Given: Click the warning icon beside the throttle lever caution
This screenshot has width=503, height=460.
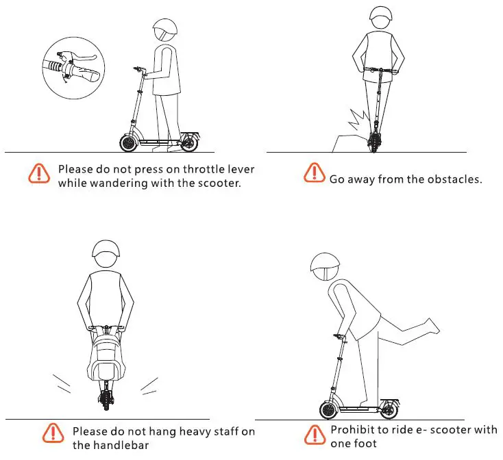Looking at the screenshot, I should pyautogui.click(x=39, y=172).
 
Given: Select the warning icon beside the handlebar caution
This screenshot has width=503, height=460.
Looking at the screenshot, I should pyautogui.click(x=52, y=433).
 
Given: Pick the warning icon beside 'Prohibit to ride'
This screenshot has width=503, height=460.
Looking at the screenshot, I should pyautogui.click(x=315, y=434).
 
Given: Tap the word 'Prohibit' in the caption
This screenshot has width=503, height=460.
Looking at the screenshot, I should pyautogui.click(x=352, y=430).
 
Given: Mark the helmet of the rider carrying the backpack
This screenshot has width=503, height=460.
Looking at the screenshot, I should pyautogui.click(x=105, y=255).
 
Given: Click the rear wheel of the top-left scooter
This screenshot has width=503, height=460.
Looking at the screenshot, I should pyautogui.click(x=188, y=144).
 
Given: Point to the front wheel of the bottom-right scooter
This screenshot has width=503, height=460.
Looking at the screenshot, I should pyautogui.click(x=330, y=411).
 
